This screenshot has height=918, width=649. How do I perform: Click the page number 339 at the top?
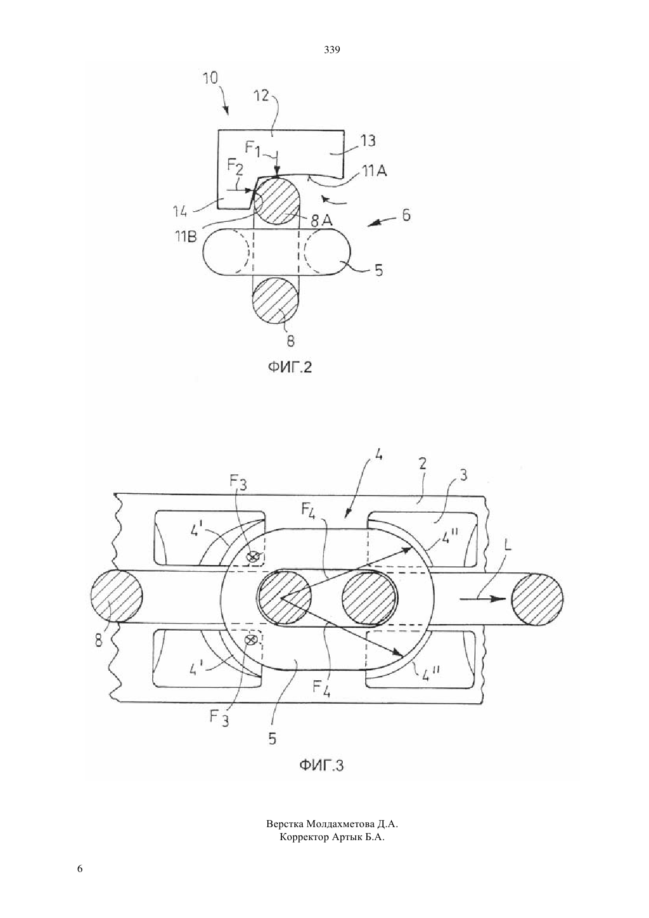(332, 50)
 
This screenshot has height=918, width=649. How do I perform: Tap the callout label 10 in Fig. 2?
(211, 78)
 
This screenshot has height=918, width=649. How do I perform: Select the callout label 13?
(368, 141)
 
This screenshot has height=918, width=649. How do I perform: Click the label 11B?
(186, 237)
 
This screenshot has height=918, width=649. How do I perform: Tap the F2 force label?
(235, 169)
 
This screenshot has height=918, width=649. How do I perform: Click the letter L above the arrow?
(509, 547)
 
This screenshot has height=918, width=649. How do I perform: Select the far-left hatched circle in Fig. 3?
(116, 596)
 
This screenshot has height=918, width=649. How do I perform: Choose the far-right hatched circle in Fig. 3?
(537, 599)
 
